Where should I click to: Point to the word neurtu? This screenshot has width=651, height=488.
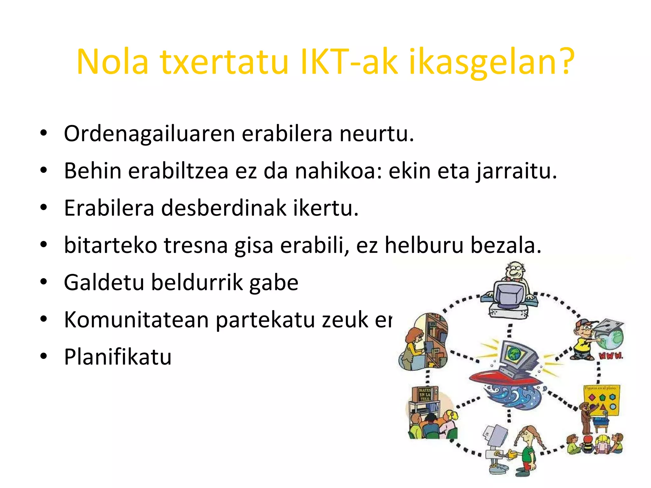pyautogui.click(x=377, y=134)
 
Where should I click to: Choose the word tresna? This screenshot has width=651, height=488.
pyautogui.click(x=196, y=246)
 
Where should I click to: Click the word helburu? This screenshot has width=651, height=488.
pyautogui.click(x=424, y=246)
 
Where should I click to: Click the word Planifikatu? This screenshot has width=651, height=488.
pyautogui.click(x=118, y=357)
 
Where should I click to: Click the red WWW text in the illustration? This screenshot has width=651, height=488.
pyautogui.click(x=611, y=356)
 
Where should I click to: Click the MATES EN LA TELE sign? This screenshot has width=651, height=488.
pyautogui.click(x=425, y=394)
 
